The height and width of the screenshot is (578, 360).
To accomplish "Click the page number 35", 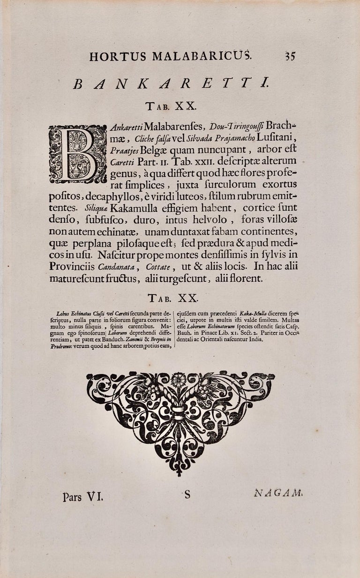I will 289,57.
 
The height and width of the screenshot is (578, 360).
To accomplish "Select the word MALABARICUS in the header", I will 202,57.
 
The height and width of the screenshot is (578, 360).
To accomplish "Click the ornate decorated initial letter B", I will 78,154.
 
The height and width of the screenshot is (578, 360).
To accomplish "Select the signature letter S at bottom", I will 187,494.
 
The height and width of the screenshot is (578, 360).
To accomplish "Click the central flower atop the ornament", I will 178,379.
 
